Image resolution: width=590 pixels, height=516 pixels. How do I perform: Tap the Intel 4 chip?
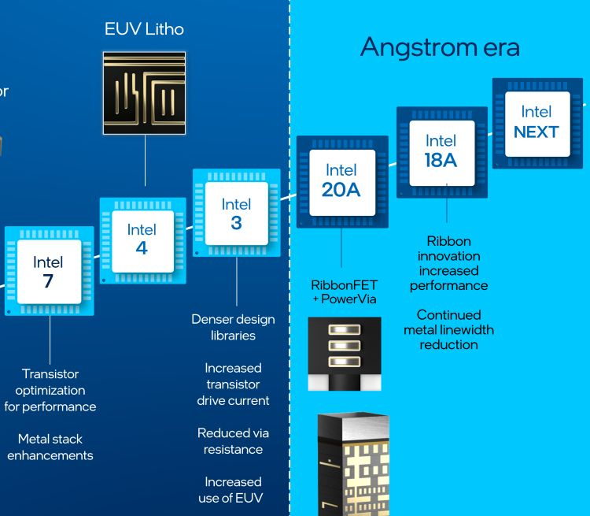[142, 239]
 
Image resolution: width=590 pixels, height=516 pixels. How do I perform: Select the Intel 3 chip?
[237, 213]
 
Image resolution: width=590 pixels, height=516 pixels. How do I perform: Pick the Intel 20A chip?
[341, 180]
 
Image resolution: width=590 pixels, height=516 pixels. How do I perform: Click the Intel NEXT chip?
[537, 122]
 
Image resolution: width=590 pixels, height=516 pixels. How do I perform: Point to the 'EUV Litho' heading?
[144, 30]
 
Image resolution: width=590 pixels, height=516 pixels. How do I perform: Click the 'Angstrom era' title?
[440, 47]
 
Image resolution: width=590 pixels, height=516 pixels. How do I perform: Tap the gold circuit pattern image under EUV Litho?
[144, 92]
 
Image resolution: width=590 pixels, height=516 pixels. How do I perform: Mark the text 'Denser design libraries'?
[233, 327]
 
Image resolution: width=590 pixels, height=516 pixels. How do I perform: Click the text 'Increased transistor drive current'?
[233, 384]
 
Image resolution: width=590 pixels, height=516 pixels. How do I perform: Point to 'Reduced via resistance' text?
[233, 440]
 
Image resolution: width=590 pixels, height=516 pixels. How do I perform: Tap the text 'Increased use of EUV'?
[233, 489]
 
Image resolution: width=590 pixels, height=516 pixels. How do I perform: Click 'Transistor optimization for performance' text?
[50, 390]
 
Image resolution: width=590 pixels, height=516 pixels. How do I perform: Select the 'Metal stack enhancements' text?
[50, 447]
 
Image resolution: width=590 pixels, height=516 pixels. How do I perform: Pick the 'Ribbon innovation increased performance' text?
[448, 263]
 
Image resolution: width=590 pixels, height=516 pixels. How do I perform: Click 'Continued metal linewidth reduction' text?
[448, 329]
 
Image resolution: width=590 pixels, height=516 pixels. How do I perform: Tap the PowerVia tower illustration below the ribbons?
[352, 465]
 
